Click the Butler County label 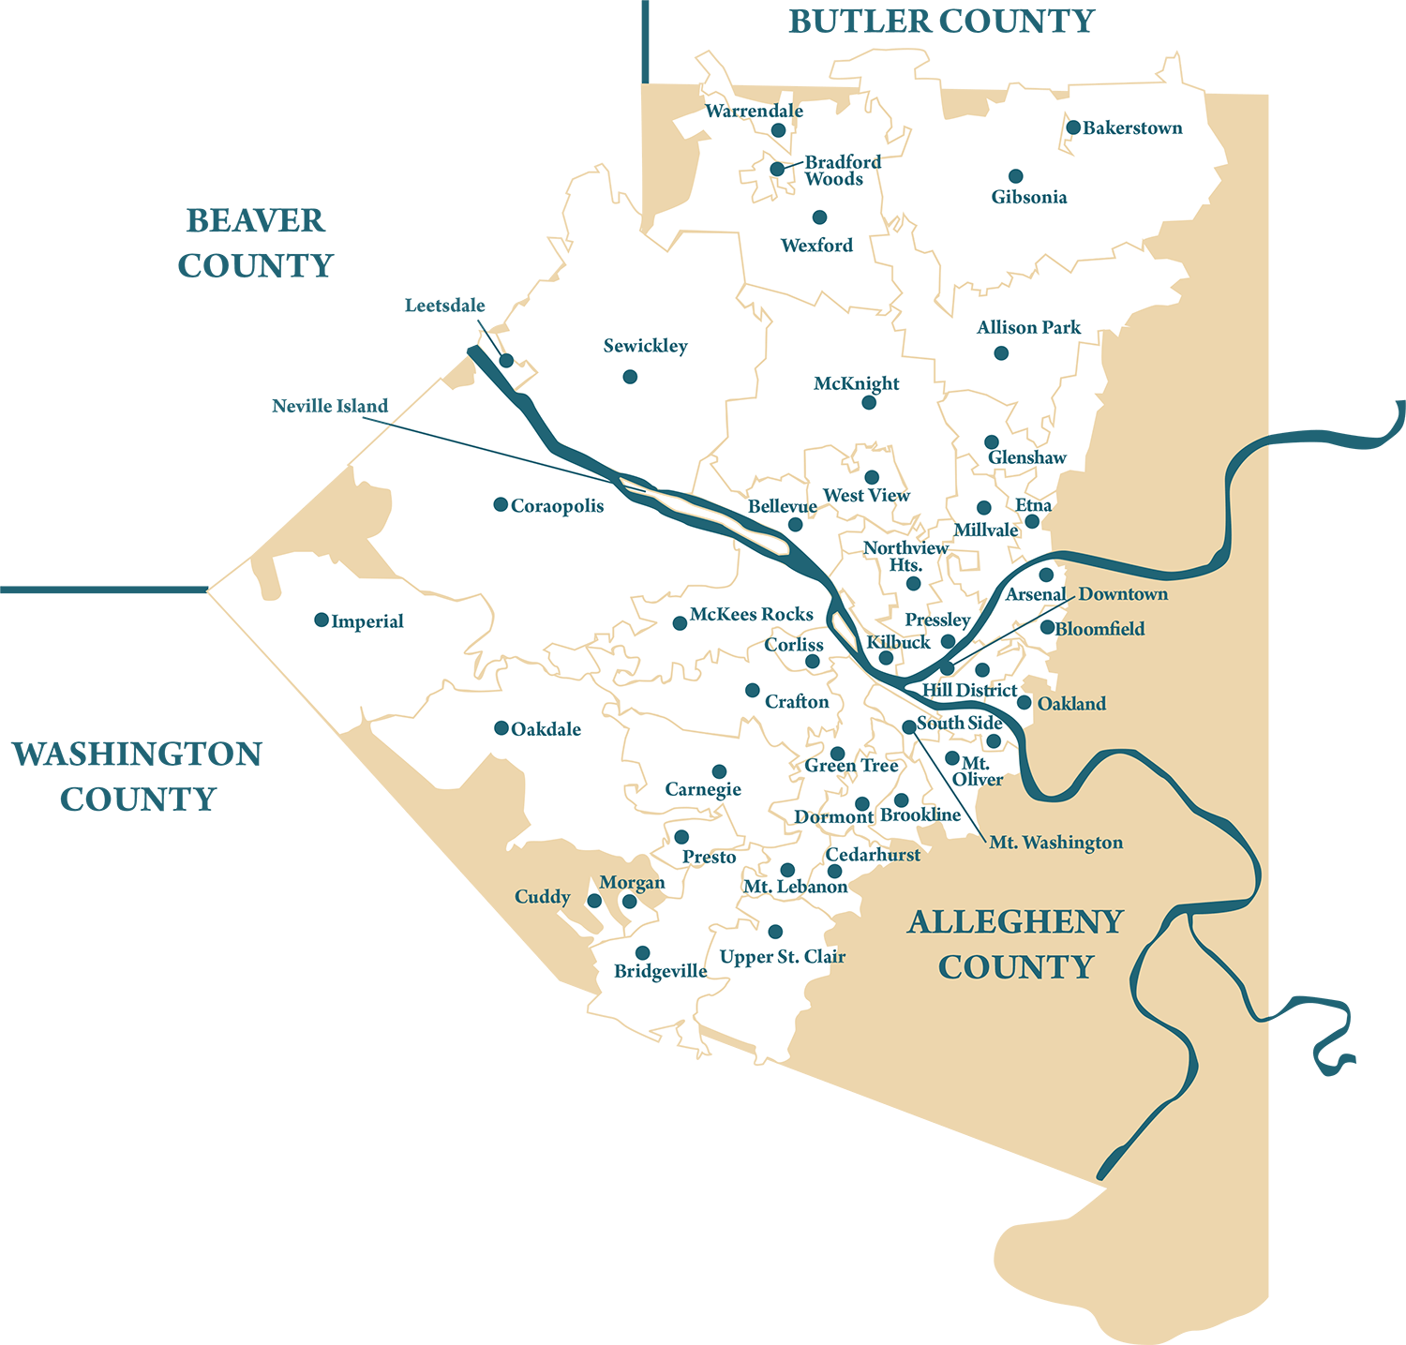click(x=941, y=22)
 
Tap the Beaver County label click(x=255, y=243)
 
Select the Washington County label click(x=137, y=776)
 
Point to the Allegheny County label click(x=1016, y=944)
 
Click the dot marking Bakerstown click(x=1073, y=127)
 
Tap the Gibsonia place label click(x=1029, y=197)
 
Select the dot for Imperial click(x=322, y=620)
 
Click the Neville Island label click(x=330, y=406)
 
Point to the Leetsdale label click(x=445, y=306)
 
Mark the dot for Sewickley click(x=630, y=377)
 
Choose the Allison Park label click(x=1028, y=327)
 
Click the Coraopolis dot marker click(x=501, y=504)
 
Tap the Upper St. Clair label click(x=783, y=957)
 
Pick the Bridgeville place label click(x=661, y=971)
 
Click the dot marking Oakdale click(x=501, y=728)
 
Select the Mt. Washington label click(x=1056, y=843)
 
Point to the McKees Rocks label click(x=752, y=615)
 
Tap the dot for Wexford click(x=820, y=217)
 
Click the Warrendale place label click(x=755, y=111)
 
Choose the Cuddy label click(x=543, y=897)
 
